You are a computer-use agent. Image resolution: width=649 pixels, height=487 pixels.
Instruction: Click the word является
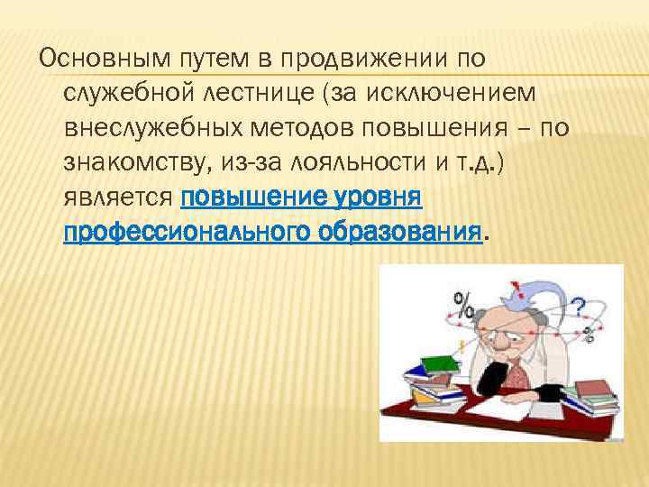pyautogui.click(x=117, y=197)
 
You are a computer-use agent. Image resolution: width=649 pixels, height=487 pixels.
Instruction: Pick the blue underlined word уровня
pyautogui.click(x=370, y=197)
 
